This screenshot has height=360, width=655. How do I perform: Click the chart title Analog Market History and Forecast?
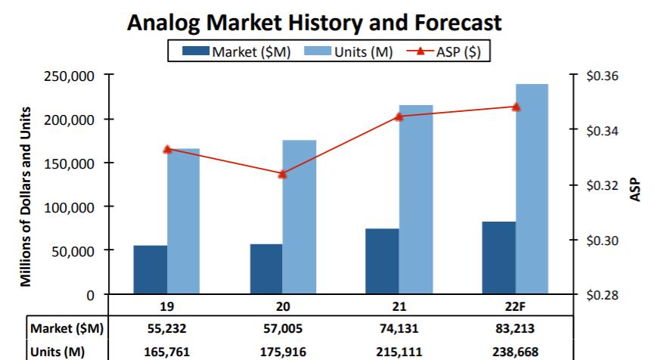pyautogui.click(x=314, y=22)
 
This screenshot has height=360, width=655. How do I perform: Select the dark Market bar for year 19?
pyautogui.click(x=151, y=269)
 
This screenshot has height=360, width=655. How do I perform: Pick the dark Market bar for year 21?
pyautogui.click(x=382, y=261)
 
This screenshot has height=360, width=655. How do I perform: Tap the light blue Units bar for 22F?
pyautogui.click(x=532, y=188)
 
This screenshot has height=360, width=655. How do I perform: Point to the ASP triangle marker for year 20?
pyautogui.click(x=283, y=174)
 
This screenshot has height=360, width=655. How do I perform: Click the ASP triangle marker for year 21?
pyautogui.click(x=399, y=116)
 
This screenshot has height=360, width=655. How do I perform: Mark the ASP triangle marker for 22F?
pyautogui.click(x=516, y=107)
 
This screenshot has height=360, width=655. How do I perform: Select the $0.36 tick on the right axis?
pyautogui.click(x=601, y=76)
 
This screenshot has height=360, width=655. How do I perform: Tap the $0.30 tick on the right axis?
pyautogui.click(x=601, y=241)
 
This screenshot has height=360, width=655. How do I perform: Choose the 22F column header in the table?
pyautogui.click(x=516, y=307)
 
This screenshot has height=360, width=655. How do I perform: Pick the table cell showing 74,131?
pyautogui.click(x=399, y=328)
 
